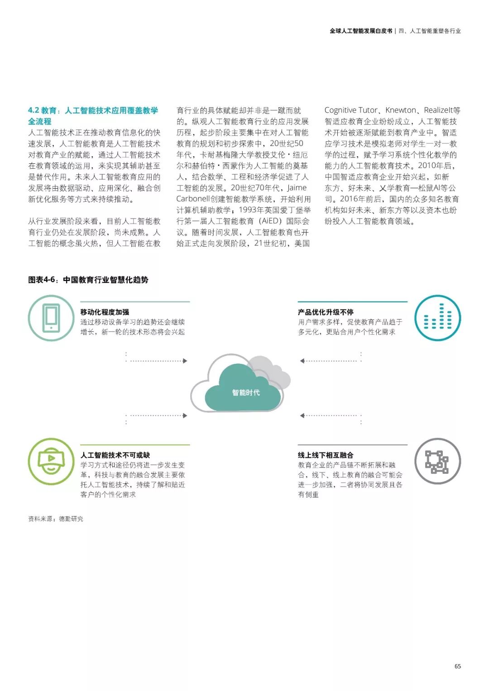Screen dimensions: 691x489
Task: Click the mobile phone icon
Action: tap(51, 318)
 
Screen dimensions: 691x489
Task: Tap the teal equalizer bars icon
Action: tap(437, 318)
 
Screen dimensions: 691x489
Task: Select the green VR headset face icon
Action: tap(51, 461)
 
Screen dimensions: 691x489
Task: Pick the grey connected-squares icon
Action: tap(437, 461)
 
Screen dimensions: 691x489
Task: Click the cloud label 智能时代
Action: tap(246, 392)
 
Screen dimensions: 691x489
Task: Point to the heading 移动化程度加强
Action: tap(105, 312)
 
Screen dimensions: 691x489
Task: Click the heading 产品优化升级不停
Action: tap(326, 312)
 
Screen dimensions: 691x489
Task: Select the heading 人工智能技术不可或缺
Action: tap(115, 455)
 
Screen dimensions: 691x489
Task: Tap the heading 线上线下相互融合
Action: tap(326, 455)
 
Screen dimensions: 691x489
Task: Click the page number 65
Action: tap(457, 666)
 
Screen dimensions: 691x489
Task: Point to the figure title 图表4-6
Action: tap(43, 280)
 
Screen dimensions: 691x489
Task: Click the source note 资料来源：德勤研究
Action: tap(56, 519)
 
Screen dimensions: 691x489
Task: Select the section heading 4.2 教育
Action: tap(43, 110)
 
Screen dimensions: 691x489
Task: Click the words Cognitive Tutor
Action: tap(351, 110)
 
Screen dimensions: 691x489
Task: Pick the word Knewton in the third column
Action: tap(400, 110)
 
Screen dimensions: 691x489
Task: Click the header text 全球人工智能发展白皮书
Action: tap(361, 31)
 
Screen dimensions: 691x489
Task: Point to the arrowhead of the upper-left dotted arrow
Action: tap(185, 361)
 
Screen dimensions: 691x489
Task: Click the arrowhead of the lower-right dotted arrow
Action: tap(302, 415)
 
